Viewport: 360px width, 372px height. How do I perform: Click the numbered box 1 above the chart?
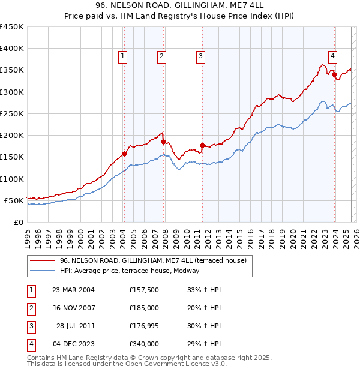(123, 56)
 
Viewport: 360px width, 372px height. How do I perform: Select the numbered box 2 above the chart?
(162, 56)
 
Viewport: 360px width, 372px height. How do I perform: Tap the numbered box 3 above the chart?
(200, 56)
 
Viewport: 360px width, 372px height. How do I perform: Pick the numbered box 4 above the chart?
(332, 56)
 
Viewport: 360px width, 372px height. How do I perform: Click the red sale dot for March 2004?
(125, 154)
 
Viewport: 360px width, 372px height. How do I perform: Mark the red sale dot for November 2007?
(163, 142)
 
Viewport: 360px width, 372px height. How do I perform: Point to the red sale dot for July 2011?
(202, 145)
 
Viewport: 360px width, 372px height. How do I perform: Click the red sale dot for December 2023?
(334, 74)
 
